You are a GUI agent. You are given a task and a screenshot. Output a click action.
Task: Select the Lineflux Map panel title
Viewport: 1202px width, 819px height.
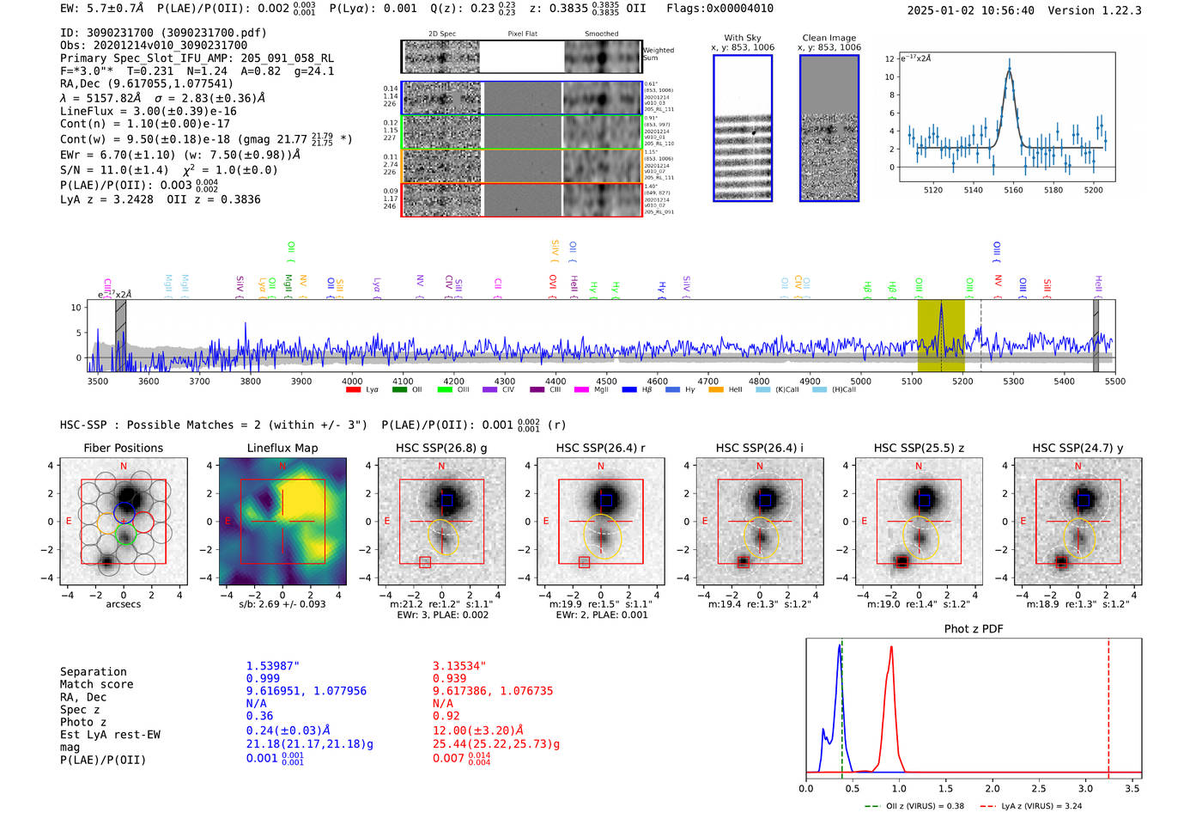coord(282,448)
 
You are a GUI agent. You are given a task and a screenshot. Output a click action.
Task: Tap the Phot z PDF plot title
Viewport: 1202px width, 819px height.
coord(973,629)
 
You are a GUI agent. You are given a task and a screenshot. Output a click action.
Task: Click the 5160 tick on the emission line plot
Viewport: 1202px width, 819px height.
coord(1013,190)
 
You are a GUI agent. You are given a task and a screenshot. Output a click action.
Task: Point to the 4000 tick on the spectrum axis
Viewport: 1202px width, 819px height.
coord(352,382)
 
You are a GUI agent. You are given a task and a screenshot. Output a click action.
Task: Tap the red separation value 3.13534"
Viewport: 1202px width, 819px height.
coord(459,666)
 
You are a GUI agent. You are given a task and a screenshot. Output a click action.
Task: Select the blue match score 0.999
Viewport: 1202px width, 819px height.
coord(263,678)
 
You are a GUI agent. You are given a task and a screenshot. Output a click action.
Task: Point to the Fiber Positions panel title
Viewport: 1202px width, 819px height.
coord(123,448)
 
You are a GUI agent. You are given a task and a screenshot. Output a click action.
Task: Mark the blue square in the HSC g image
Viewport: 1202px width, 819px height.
coord(446,500)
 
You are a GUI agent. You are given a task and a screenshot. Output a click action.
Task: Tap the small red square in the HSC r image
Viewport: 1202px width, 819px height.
coord(584,562)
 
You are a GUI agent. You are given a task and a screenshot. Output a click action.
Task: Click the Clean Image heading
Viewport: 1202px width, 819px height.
coord(829,38)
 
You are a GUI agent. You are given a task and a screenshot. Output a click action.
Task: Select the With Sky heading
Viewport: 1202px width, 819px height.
coord(742,38)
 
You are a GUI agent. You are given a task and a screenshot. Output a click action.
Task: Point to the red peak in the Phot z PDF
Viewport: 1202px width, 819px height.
coord(892,648)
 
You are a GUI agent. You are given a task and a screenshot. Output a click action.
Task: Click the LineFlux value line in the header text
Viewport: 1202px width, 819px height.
coord(148,112)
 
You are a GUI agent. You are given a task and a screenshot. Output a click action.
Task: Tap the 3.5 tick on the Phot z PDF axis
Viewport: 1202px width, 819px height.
coord(1132,788)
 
